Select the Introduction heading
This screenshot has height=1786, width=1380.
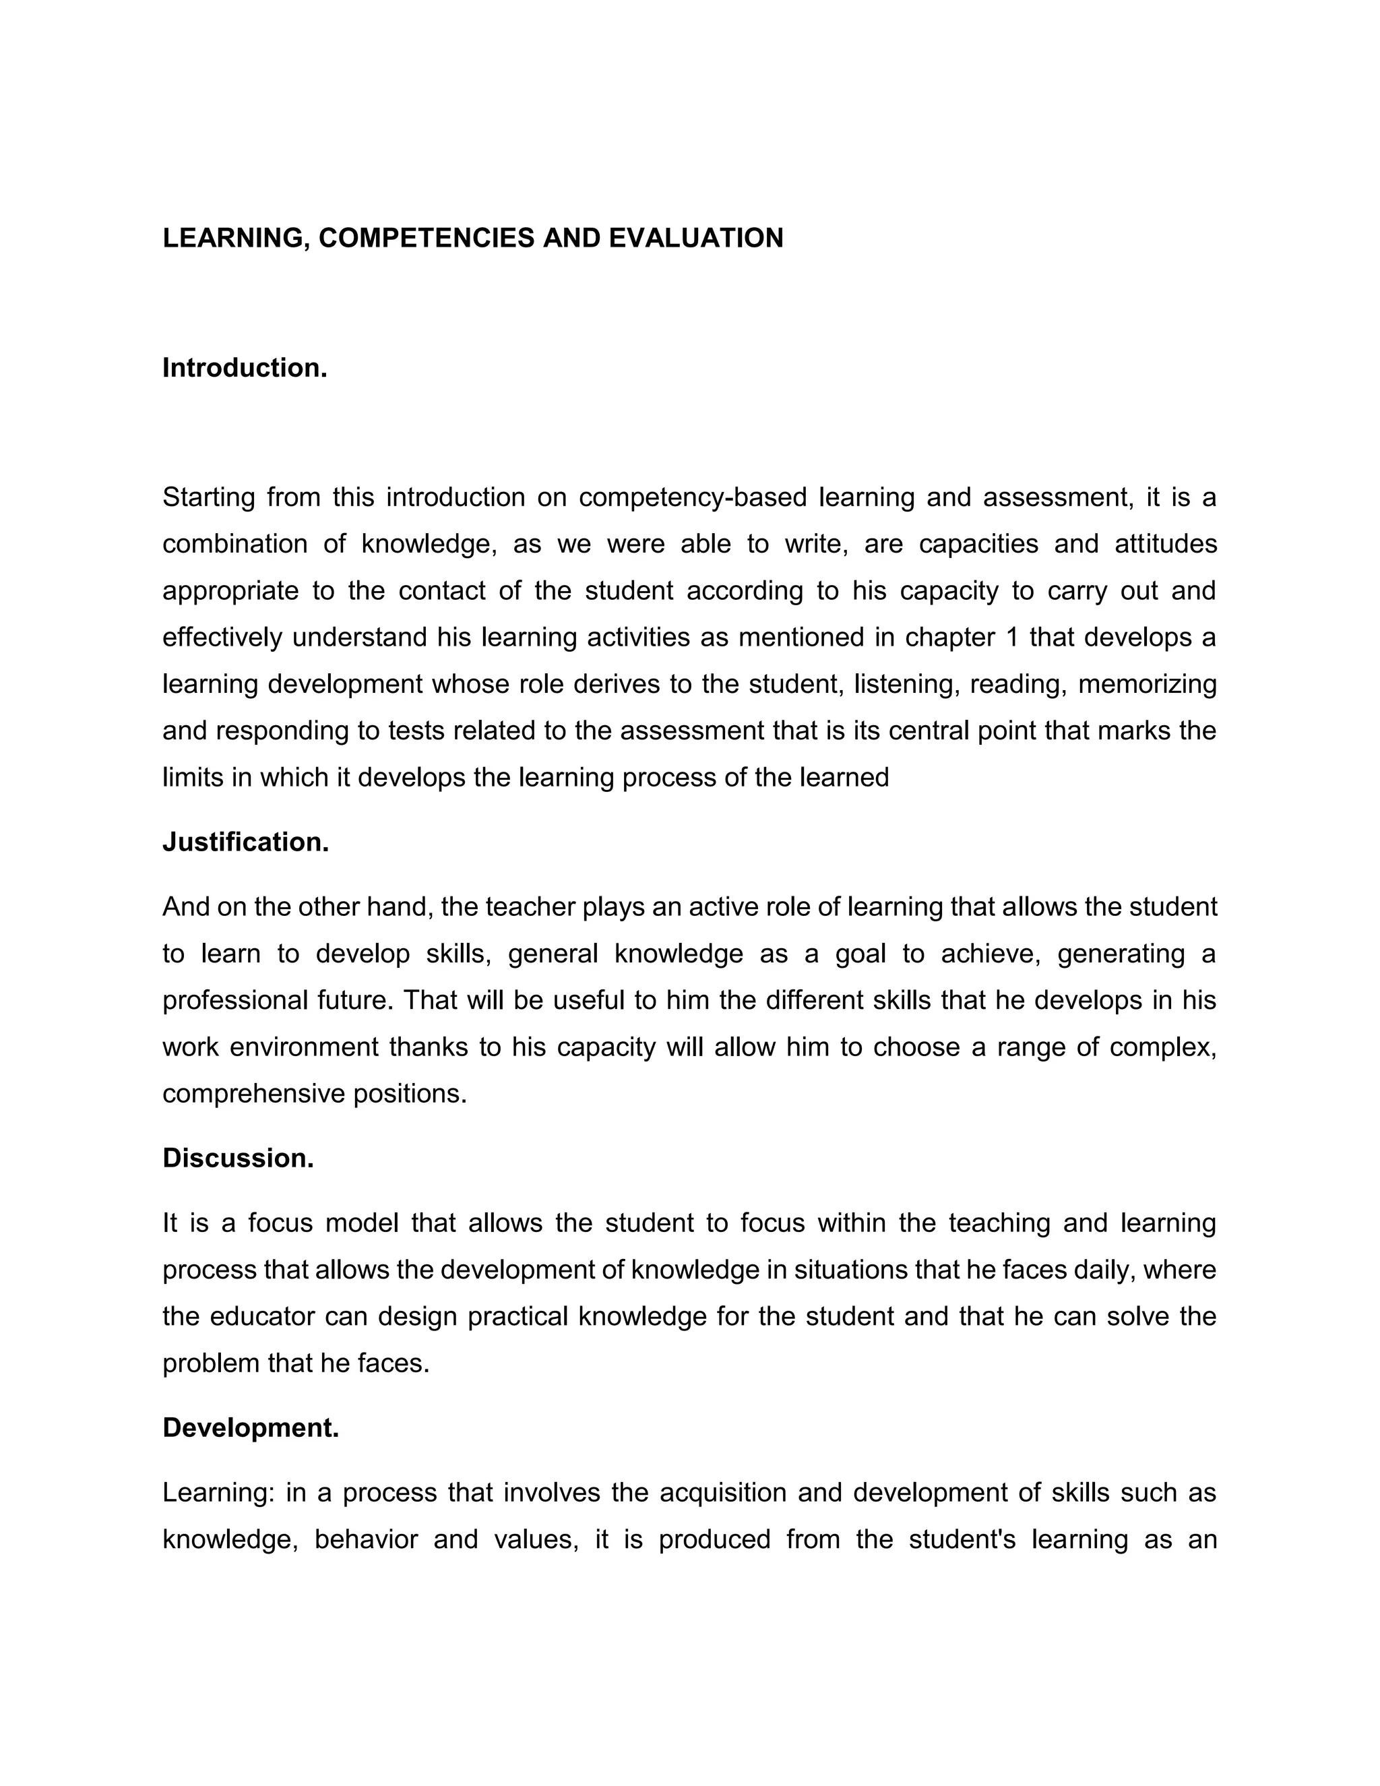pyautogui.click(x=245, y=368)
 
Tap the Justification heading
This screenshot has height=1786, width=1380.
pyautogui.click(x=245, y=842)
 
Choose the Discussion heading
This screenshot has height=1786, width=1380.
pyautogui.click(x=238, y=1159)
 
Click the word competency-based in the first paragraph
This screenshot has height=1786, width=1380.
pyautogui.click(x=693, y=497)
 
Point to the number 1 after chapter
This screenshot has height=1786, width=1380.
pyautogui.click(x=1013, y=637)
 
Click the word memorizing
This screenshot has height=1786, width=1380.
pyautogui.click(x=1147, y=683)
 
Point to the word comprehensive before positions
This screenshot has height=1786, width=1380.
pyautogui.click(x=253, y=1094)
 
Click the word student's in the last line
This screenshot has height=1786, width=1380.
pyautogui.click(x=962, y=1540)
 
